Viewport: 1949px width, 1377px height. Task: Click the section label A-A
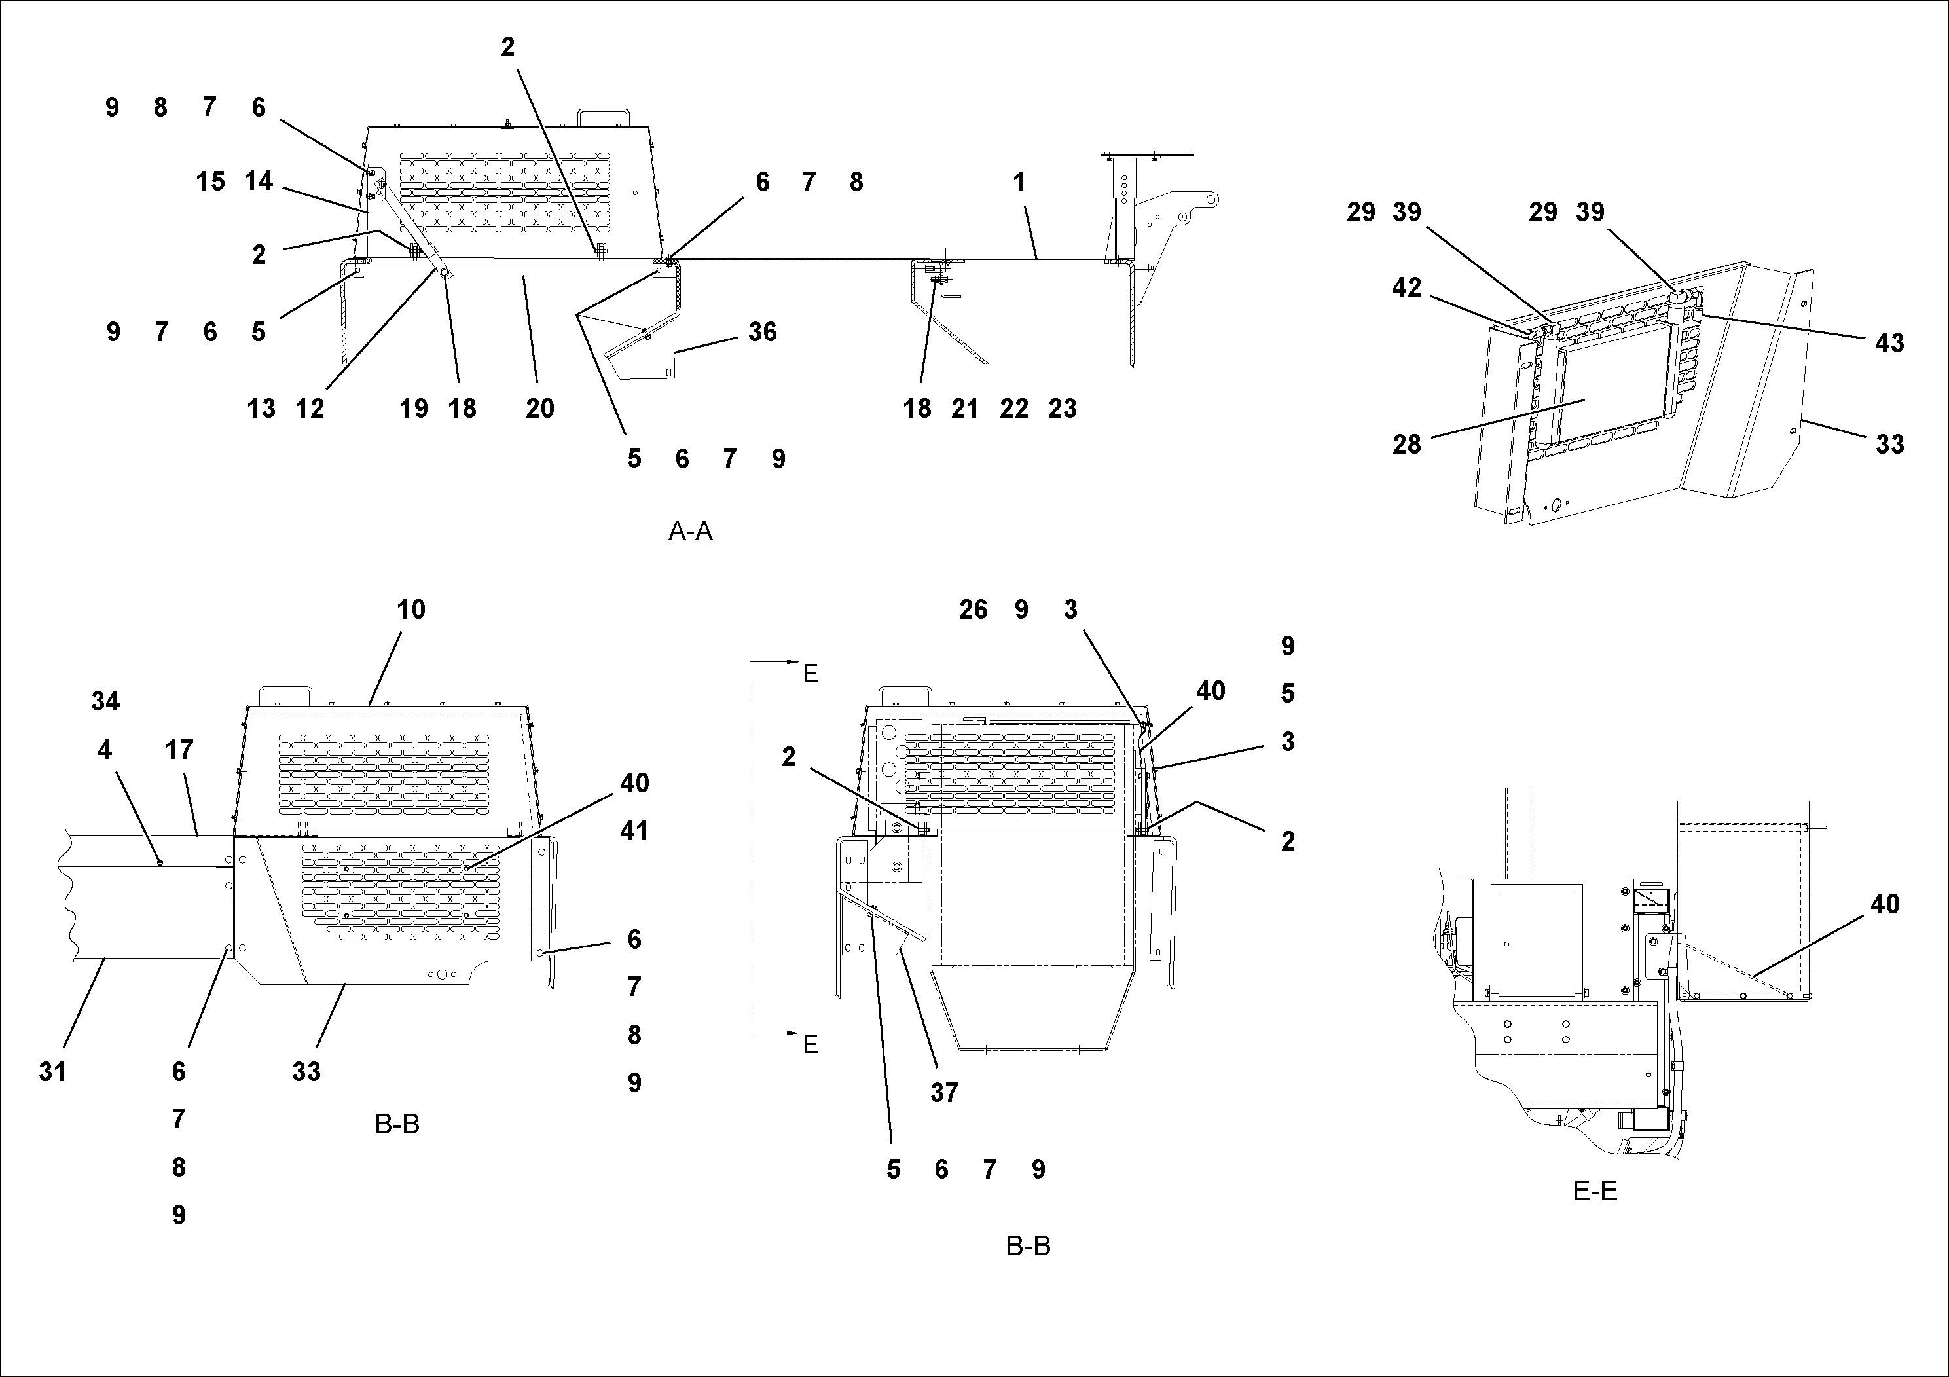pos(690,532)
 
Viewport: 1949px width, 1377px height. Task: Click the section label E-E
pos(1595,1191)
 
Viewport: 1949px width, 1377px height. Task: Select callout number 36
pos(762,332)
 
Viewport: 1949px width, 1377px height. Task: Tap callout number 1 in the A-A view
pos(1019,181)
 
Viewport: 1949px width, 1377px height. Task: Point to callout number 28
pos(1406,444)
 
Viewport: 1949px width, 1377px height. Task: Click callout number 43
pos(1889,343)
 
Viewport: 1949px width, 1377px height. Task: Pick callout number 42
pos(1406,288)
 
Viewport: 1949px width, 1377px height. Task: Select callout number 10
pos(411,610)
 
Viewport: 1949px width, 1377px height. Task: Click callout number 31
pos(52,1073)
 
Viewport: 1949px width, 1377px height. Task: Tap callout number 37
pos(944,1093)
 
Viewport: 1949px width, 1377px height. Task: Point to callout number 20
pos(540,409)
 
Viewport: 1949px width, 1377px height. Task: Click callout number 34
pos(105,701)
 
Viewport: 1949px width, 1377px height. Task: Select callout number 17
pos(179,750)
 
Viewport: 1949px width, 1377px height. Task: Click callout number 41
pos(634,830)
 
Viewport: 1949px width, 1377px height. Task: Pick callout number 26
pos(974,610)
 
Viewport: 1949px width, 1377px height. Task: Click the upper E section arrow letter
pos(811,674)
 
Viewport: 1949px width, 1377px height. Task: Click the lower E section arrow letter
pos(811,1045)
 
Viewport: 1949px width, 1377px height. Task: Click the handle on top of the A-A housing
pos(603,117)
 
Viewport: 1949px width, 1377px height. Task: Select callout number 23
pos(1062,409)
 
